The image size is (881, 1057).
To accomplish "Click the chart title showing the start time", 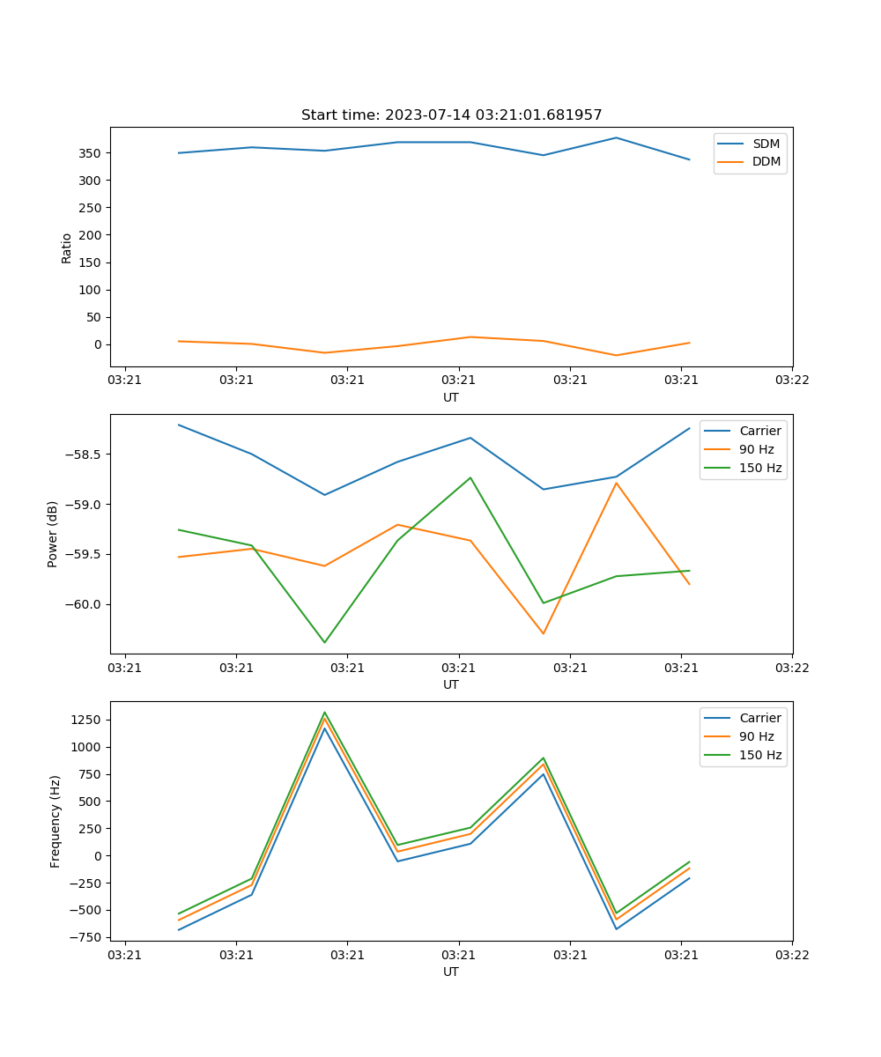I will (x=451, y=115).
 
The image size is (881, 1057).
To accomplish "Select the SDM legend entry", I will (x=766, y=144).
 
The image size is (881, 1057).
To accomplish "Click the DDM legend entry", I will (x=766, y=161).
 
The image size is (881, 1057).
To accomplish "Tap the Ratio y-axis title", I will (x=67, y=248).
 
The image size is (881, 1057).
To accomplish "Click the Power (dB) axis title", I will (x=53, y=534).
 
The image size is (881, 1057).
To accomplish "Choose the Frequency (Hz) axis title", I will (x=56, y=821).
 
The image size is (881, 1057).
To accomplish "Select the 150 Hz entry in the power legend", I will (x=760, y=468).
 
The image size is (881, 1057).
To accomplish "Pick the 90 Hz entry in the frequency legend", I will (x=757, y=736).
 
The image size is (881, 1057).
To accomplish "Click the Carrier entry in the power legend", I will (x=760, y=431).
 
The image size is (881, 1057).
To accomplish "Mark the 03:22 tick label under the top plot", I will (x=792, y=381).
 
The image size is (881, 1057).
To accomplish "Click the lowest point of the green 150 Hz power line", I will (x=324, y=642).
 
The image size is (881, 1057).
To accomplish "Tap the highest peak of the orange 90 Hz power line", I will (x=616, y=483).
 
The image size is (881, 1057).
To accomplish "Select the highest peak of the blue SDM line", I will (x=616, y=137).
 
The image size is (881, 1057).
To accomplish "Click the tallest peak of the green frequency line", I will (x=324, y=713).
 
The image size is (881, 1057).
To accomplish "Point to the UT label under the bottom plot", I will (x=451, y=972).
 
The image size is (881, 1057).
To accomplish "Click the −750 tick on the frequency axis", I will (x=85, y=937).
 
